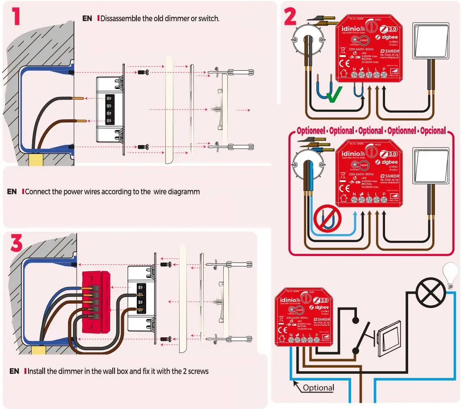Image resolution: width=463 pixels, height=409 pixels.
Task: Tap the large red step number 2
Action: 290,17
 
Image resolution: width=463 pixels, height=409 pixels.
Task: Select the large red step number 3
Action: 17,244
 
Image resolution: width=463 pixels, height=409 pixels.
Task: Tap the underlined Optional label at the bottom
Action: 318,388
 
